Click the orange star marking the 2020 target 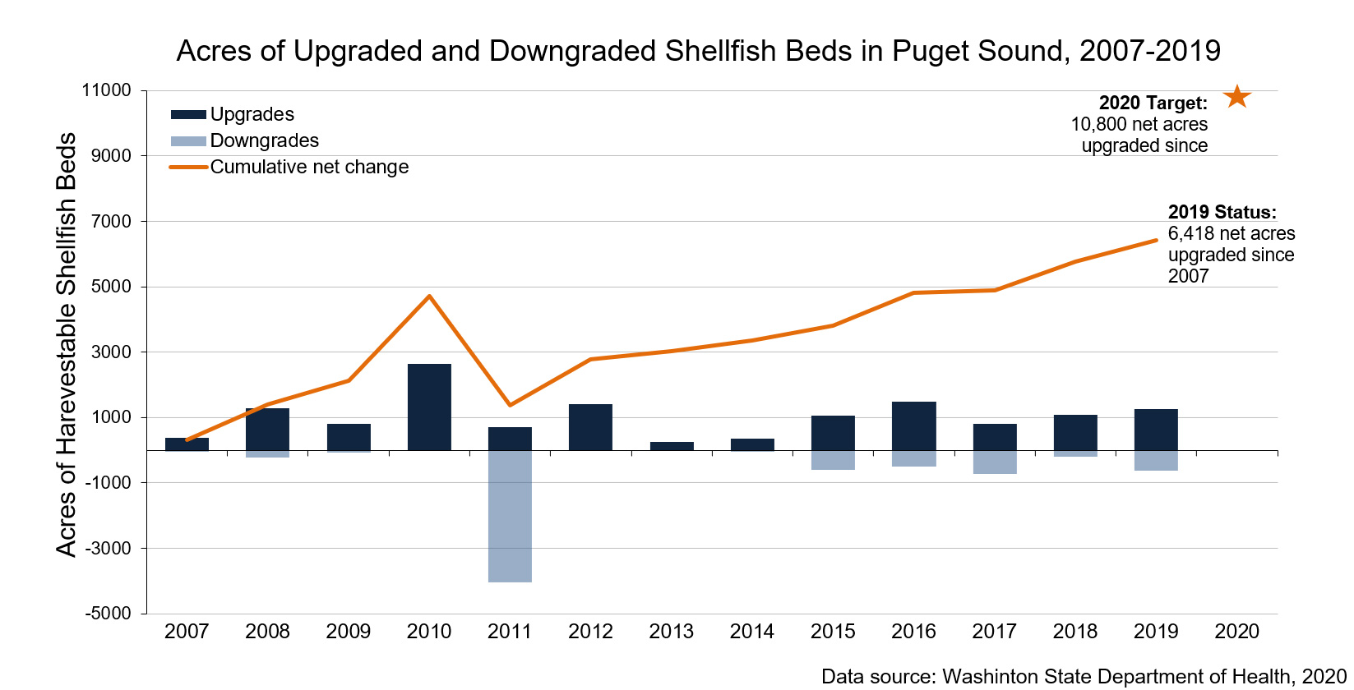click(1236, 97)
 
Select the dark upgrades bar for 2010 click(429, 407)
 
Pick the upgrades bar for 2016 click(913, 425)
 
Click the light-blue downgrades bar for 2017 click(995, 462)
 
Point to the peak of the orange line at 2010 click(429, 296)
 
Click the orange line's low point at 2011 click(510, 405)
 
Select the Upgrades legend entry click(252, 114)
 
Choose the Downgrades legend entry click(263, 140)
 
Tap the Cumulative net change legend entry click(308, 167)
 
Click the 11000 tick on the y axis click(107, 90)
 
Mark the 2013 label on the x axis click(671, 632)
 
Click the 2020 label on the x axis click(1236, 632)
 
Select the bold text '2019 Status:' click(1222, 212)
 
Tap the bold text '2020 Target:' click(1153, 103)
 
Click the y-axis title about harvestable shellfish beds click(66, 345)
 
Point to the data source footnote click(1084, 676)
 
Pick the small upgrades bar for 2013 click(672, 446)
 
